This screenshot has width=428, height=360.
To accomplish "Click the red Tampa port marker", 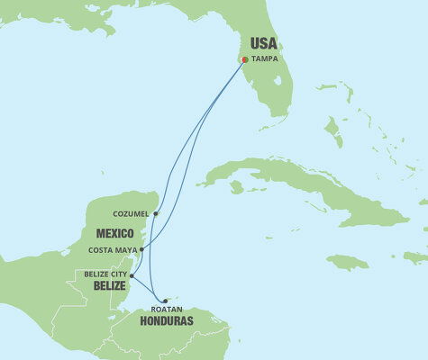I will click(245, 61).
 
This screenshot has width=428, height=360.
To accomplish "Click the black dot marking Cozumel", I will click(155, 214).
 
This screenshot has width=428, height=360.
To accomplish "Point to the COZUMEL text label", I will click(132, 214).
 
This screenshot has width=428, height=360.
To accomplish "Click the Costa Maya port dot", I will click(141, 249).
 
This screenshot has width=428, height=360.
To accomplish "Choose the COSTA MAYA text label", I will click(115, 249).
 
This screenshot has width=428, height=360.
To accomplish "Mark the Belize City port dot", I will click(132, 275).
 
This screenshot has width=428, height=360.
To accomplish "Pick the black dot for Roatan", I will click(164, 301).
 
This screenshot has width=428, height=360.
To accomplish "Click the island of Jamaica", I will click(347, 262).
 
